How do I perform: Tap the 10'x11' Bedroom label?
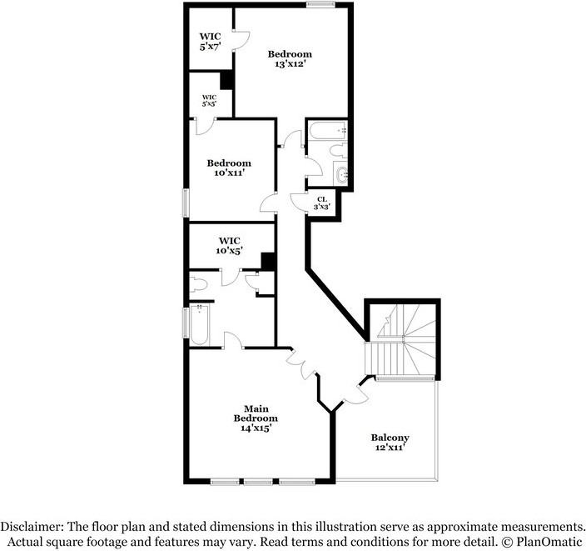(x=229, y=168)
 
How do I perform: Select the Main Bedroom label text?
(x=255, y=418)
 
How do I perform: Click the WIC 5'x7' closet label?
(x=209, y=43)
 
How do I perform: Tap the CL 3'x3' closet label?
(x=322, y=202)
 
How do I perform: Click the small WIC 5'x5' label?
(x=209, y=100)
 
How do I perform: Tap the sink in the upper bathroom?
(x=343, y=175)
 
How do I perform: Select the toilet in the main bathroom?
(x=200, y=283)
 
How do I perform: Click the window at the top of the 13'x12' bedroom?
(x=320, y=6)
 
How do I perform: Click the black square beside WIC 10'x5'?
(x=267, y=261)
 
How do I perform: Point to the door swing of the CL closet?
(x=297, y=200)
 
